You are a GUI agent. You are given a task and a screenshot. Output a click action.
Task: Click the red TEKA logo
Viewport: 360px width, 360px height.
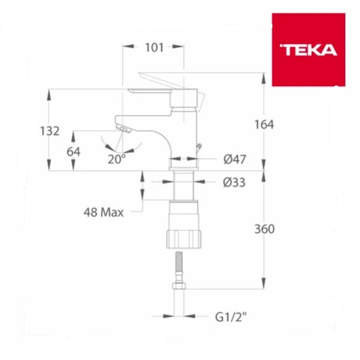[308, 50]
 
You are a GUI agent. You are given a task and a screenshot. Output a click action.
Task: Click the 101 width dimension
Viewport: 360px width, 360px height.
[154, 47]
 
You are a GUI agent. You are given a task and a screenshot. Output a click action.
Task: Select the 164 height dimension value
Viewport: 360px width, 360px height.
[264, 125]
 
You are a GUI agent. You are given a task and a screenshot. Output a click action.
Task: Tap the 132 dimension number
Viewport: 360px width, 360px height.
[50, 131]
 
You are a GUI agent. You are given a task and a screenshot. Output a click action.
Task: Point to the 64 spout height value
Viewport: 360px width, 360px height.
[73, 152]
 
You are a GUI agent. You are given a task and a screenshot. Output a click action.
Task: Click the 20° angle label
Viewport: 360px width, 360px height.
[116, 159]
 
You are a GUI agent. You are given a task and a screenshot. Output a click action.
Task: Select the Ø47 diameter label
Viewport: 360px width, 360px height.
[234, 159]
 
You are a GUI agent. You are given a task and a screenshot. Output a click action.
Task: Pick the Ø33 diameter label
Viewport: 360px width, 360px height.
[234, 182]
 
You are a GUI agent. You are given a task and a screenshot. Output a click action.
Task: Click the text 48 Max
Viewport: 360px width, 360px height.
[104, 212]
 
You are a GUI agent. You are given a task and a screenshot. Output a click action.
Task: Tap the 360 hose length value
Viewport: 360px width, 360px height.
[264, 229]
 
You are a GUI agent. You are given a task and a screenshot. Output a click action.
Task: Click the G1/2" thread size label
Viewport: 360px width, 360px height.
[231, 318]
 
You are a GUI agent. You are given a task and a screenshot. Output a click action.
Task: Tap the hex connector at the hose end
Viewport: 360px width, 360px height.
[179, 286]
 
